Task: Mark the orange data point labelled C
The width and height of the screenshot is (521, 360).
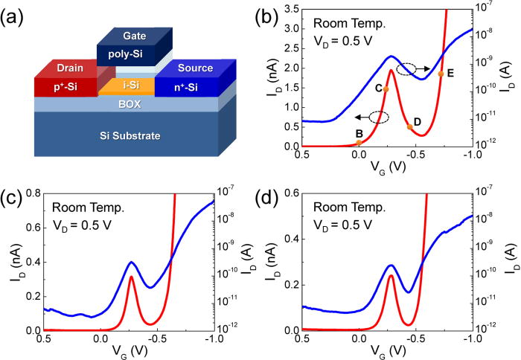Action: coord(386,89)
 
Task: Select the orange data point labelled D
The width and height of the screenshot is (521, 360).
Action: coord(410,127)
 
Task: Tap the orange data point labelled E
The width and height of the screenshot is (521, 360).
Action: coord(441,74)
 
